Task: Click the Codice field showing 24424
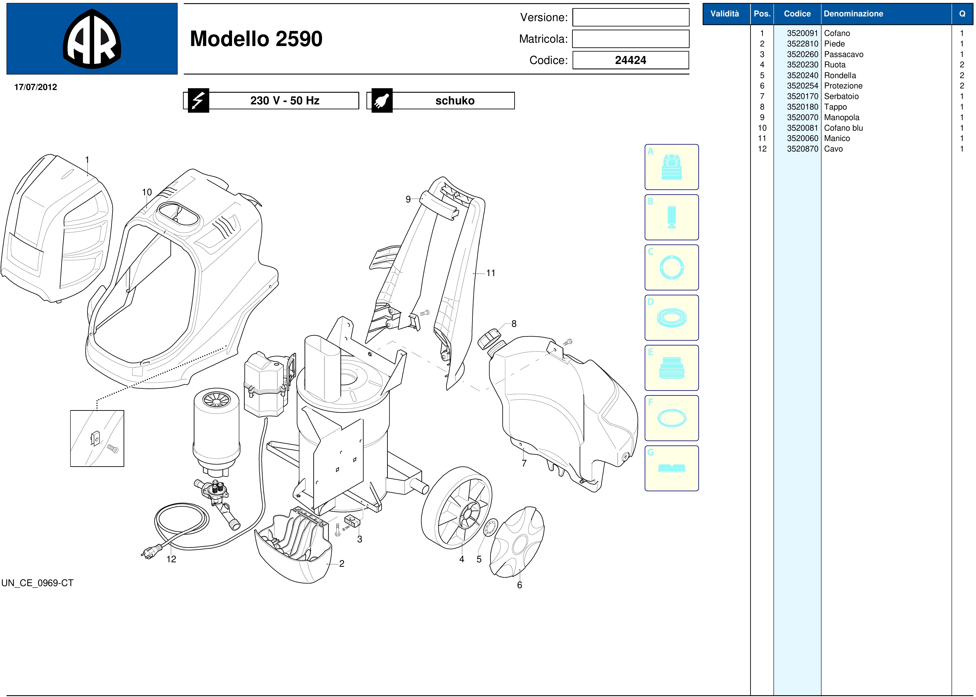(630, 60)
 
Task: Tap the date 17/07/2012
(36, 87)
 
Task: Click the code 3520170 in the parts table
(802, 96)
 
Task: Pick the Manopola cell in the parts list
(841, 117)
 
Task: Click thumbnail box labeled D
(671, 318)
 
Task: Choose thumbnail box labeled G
(671, 468)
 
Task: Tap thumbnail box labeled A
(671, 167)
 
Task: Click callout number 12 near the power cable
(171, 559)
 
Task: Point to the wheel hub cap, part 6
(517, 542)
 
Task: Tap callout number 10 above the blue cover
(147, 192)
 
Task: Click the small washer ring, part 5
(490, 528)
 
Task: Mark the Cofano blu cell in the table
(843, 128)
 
